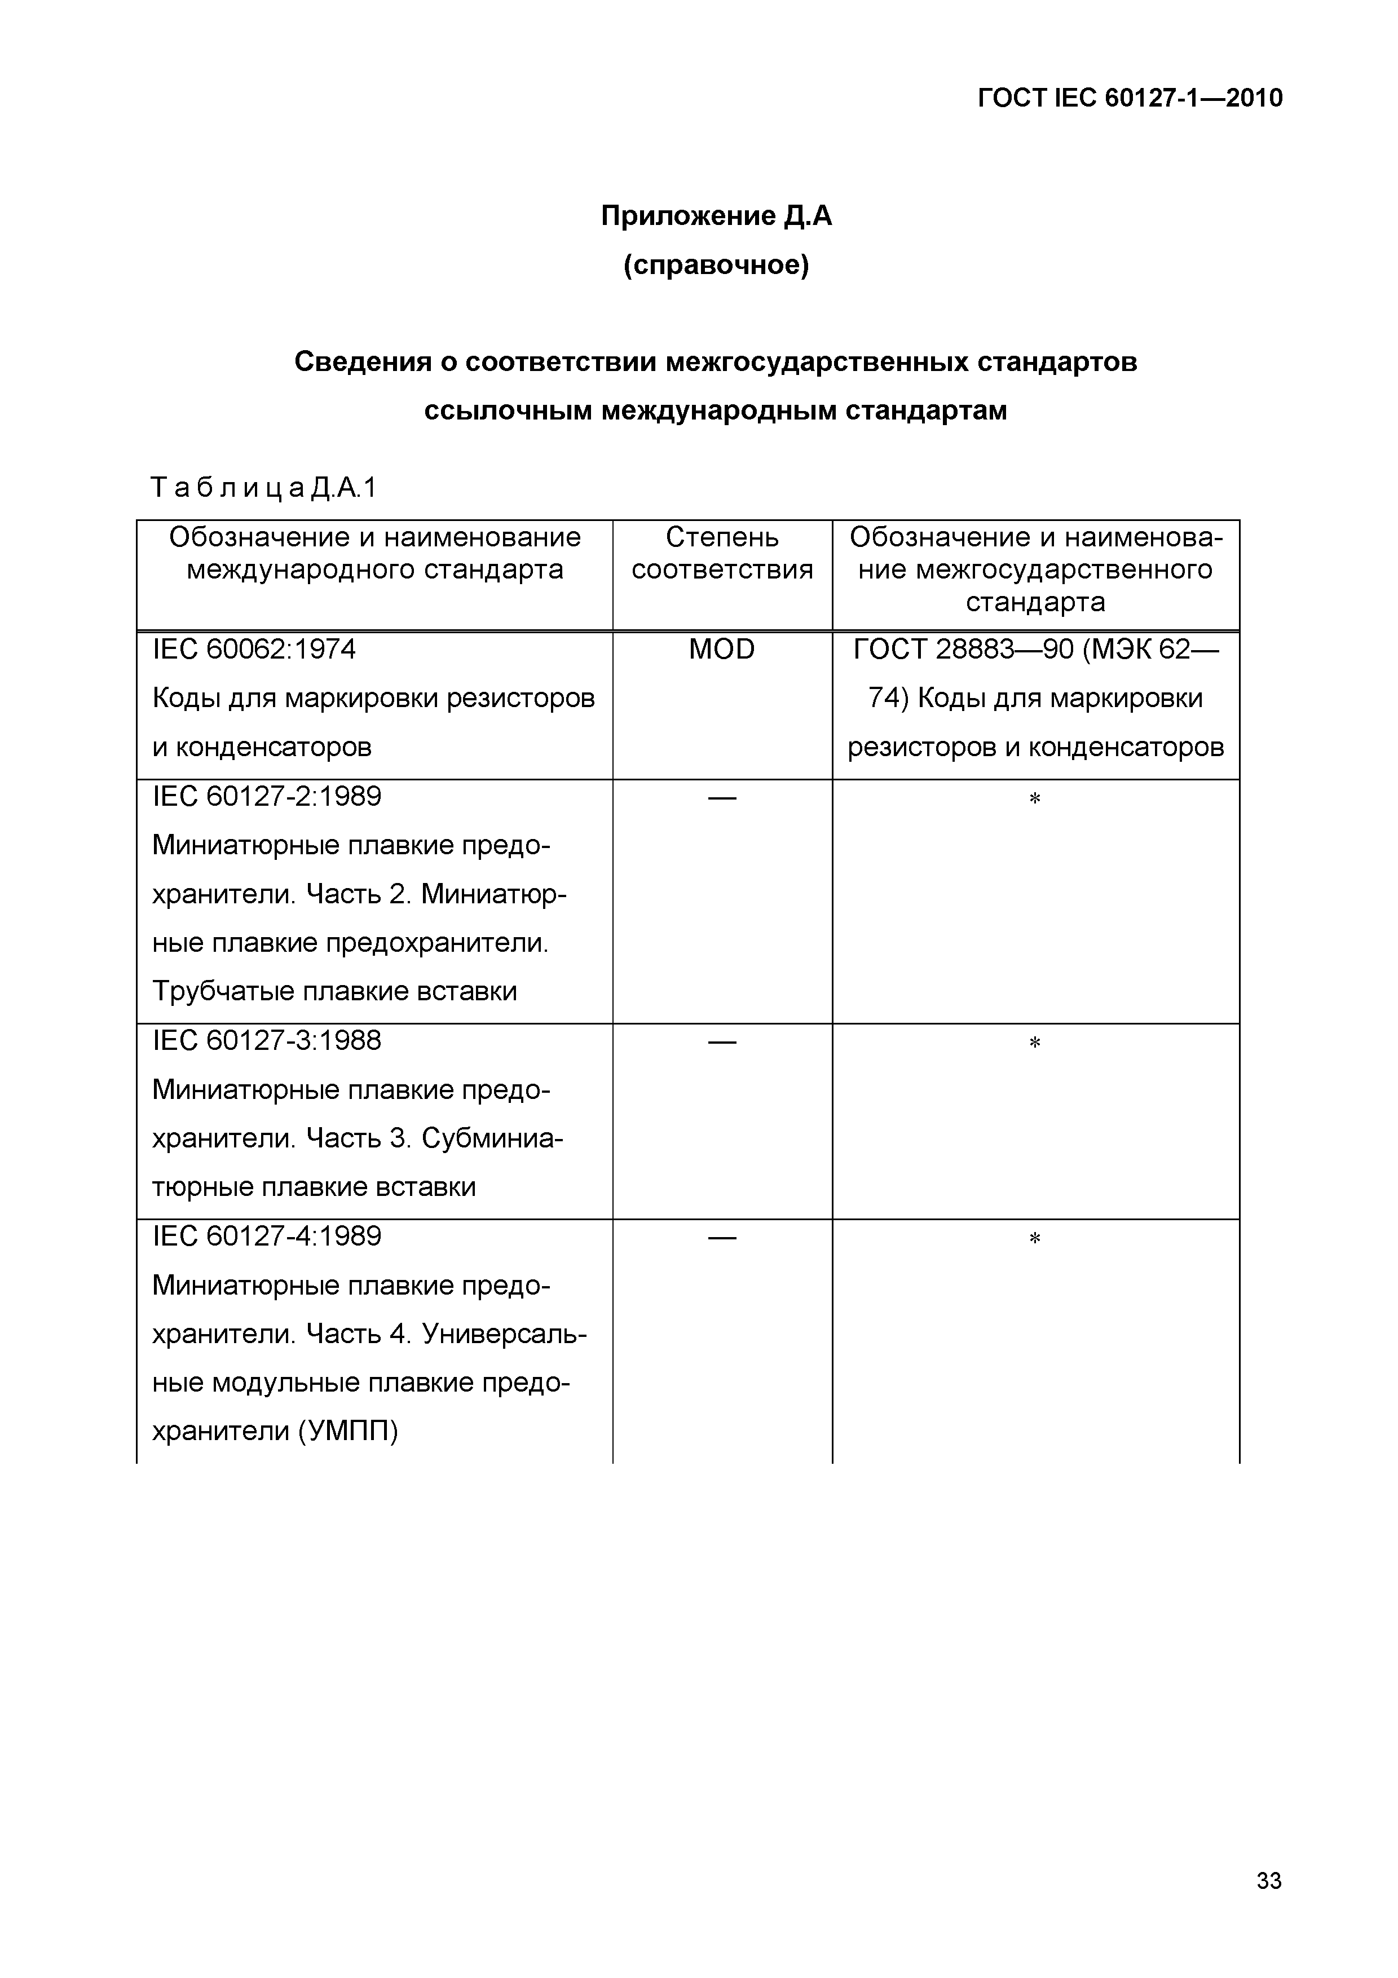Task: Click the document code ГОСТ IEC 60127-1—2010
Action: click(x=1129, y=98)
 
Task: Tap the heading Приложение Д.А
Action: click(x=716, y=216)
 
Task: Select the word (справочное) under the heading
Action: click(x=716, y=266)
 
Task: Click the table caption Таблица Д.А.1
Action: click(x=263, y=488)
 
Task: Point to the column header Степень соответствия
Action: click(x=722, y=553)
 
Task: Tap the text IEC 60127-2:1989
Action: click(x=267, y=796)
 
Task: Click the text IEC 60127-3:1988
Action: click(x=267, y=1041)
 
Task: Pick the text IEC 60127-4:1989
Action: click(x=267, y=1236)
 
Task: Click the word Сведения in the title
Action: click(x=362, y=362)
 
